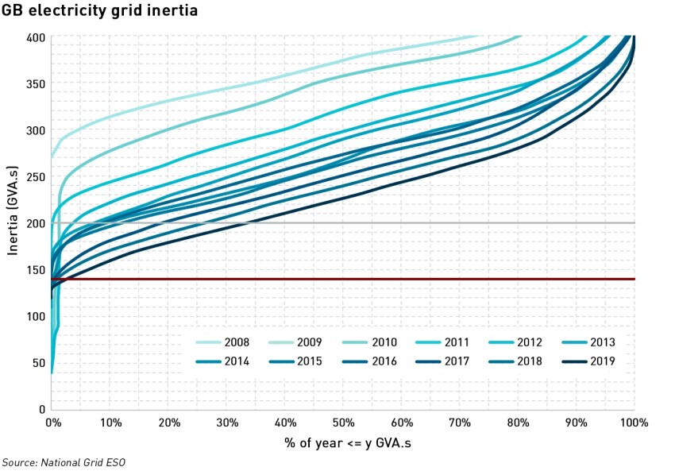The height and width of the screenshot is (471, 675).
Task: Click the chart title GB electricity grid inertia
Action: [x=99, y=11]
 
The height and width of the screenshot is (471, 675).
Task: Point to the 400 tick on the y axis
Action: [x=36, y=37]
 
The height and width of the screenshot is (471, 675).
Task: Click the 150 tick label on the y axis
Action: [x=36, y=270]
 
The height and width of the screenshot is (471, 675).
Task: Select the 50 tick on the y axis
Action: [x=38, y=363]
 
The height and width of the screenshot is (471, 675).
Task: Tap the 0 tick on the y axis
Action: [x=41, y=409]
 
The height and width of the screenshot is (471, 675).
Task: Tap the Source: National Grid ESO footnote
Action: [x=64, y=462]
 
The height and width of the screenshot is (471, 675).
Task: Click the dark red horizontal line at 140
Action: [x=357, y=279]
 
